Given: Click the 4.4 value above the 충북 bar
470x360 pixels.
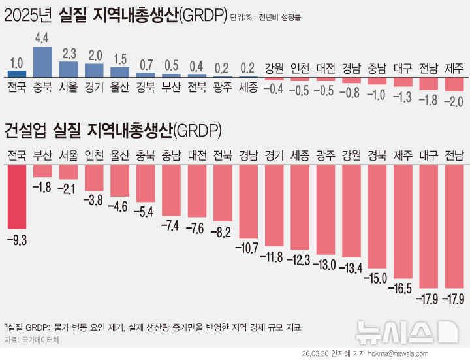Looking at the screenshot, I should [42, 37].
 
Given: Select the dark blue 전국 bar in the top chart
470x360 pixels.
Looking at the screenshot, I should [17, 74].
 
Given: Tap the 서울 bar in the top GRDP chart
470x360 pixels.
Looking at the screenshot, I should [68, 69].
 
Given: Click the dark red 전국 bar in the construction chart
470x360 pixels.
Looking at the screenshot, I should [17, 196].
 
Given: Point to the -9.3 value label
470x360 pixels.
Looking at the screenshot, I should [17, 240].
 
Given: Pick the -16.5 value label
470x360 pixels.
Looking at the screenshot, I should [402, 288].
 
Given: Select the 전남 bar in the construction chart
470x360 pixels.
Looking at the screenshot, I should [454, 226].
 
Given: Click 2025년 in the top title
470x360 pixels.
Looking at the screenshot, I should [29, 14].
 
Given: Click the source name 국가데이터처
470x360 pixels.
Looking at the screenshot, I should [40, 340].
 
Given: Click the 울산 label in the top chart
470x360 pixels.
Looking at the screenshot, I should [119, 86].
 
